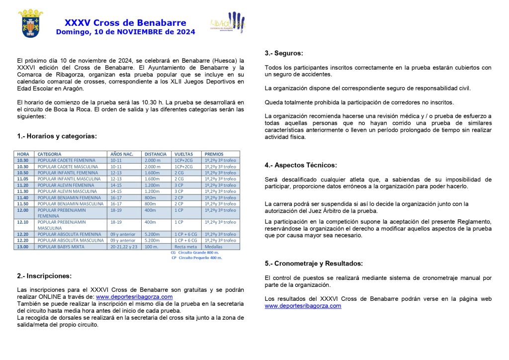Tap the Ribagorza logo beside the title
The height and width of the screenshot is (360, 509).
[x=228, y=23]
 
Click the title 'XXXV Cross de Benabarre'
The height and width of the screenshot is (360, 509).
[x=125, y=23]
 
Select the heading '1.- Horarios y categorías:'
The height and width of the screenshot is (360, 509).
[x=57, y=136]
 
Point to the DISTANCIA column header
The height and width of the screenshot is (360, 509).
[x=156, y=154]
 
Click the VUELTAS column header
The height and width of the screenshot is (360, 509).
[x=183, y=154]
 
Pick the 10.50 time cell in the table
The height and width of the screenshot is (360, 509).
[x=23, y=173]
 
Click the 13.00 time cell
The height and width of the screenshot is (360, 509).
[x=23, y=247]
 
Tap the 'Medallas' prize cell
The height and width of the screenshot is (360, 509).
[x=213, y=247]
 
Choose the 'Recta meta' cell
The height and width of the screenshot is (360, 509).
[x=185, y=247]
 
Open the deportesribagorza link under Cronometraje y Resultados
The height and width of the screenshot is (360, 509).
[x=303, y=306]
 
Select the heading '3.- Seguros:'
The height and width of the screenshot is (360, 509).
[x=284, y=53]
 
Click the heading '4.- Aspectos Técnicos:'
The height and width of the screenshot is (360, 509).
[x=301, y=165]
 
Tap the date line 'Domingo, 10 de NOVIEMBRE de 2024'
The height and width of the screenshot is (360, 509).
[x=125, y=32]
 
